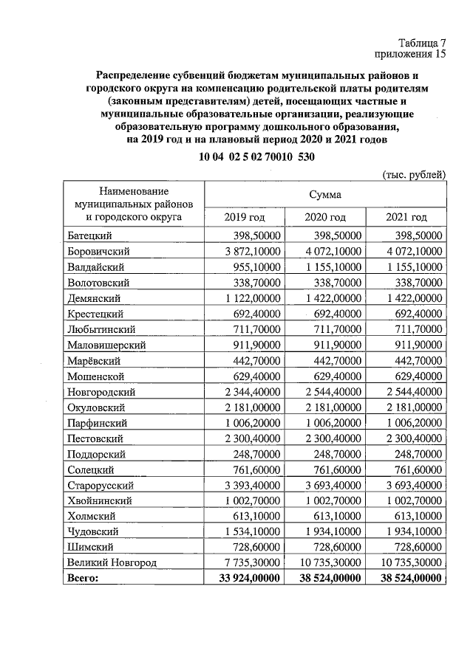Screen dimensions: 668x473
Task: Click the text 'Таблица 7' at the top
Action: pyautogui.click(x=421, y=42)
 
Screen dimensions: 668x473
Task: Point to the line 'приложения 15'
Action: pyautogui.click(x=412, y=54)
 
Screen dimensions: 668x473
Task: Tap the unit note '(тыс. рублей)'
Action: pyautogui.click(x=414, y=174)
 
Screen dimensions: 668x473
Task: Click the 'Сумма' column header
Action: pyautogui.click(x=325, y=194)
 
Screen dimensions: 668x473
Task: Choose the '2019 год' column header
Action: pyautogui.click(x=244, y=216)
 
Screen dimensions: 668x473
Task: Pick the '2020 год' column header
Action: pyautogui.click(x=325, y=216)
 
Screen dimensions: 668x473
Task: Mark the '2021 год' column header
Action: pyautogui.click(x=406, y=216)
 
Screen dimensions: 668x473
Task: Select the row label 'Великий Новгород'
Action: pyautogui.click(x=112, y=562)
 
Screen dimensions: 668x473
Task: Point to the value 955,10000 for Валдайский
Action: pyautogui.click(x=255, y=266)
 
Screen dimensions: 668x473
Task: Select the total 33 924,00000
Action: pyautogui.click(x=246, y=579)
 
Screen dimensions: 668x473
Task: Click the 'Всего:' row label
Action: pyautogui.click(x=83, y=579)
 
